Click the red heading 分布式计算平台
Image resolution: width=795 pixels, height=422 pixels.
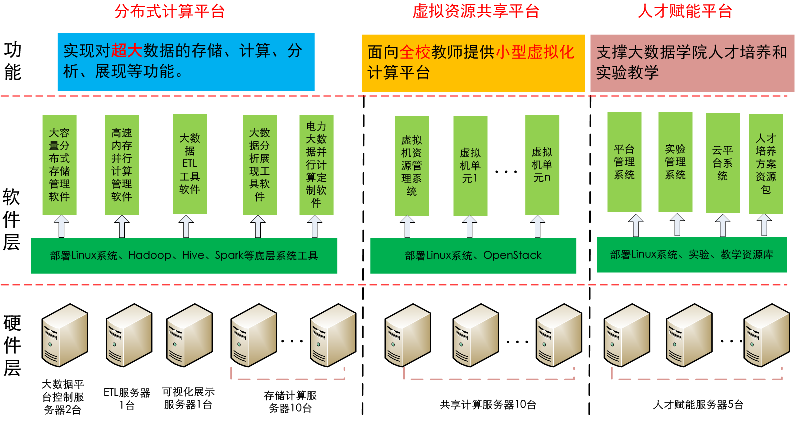click(x=170, y=11)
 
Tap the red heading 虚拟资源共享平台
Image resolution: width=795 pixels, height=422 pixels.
click(x=475, y=11)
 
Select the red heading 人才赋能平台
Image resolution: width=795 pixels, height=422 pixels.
click(x=685, y=11)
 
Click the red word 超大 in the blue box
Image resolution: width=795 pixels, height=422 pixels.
click(x=127, y=51)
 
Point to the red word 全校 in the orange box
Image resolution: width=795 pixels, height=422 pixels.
click(x=415, y=52)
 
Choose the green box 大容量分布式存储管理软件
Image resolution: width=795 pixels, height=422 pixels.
click(x=59, y=165)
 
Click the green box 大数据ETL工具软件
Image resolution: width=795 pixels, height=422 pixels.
click(x=190, y=164)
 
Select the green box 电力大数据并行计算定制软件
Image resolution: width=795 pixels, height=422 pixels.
click(x=316, y=165)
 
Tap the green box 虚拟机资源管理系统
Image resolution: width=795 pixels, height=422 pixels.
click(x=412, y=166)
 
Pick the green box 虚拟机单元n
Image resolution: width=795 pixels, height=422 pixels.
click(x=542, y=165)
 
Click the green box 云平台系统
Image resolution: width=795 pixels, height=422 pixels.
click(x=722, y=163)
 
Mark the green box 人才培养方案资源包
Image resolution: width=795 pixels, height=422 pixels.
click(x=766, y=163)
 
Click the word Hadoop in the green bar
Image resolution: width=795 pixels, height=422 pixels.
click(x=149, y=255)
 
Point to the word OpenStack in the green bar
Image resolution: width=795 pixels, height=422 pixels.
click(x=512, y=255)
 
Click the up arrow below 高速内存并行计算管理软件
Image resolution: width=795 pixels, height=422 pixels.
click(x=122, y=226)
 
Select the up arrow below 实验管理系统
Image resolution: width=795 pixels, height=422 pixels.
click(x=677, y=225)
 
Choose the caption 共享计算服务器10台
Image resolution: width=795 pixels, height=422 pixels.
click(x=488, y=405)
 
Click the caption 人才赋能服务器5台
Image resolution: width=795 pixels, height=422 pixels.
click(x=698, y=405)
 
